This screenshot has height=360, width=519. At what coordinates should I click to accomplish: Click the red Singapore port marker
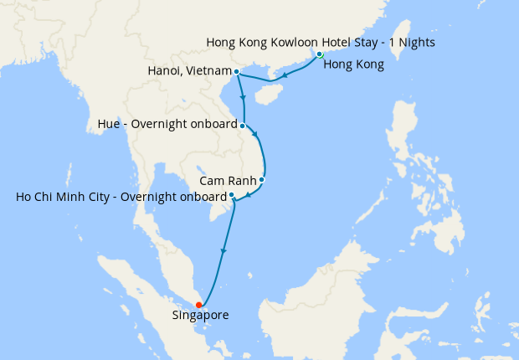[198, 305]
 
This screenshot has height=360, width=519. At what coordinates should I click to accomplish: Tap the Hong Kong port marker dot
[320, 54]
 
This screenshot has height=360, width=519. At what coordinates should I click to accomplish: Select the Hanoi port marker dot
[237, 72]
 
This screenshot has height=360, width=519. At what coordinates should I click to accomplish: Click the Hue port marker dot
[243, 126]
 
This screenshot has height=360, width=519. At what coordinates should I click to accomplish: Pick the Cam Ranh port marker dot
[262, 179]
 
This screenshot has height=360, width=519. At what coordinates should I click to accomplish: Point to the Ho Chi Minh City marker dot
[232, 195]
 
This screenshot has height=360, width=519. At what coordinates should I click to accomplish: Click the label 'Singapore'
[200, 316]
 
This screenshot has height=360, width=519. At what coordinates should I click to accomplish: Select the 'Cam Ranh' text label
[228, 180]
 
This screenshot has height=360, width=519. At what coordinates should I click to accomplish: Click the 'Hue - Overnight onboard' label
[167, 126]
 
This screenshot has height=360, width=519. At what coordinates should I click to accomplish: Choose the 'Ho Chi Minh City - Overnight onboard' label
[121, 198]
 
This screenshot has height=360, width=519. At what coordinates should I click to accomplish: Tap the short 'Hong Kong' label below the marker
[353, 64]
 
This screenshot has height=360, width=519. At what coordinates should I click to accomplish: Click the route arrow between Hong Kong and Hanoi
[285, 76]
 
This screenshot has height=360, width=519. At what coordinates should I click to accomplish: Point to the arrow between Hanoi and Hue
[243, 98]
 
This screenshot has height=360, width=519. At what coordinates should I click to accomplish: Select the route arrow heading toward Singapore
[224, 249]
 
